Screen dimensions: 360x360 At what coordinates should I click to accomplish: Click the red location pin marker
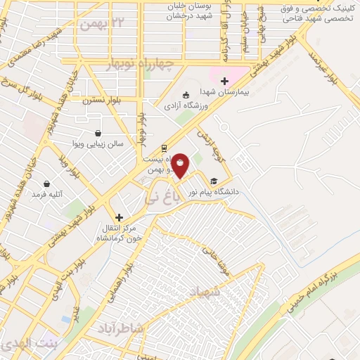point(181,165)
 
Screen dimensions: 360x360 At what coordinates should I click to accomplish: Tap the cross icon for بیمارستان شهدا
point(224,81)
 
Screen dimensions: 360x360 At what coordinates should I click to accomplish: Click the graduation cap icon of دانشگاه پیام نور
point(214,181)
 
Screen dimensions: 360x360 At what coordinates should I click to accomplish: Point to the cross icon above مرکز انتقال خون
point(119,217)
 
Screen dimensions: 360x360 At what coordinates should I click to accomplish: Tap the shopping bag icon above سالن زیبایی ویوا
point(97,133)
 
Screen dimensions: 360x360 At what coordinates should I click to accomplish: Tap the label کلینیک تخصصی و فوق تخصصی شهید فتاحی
point(316,13)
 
